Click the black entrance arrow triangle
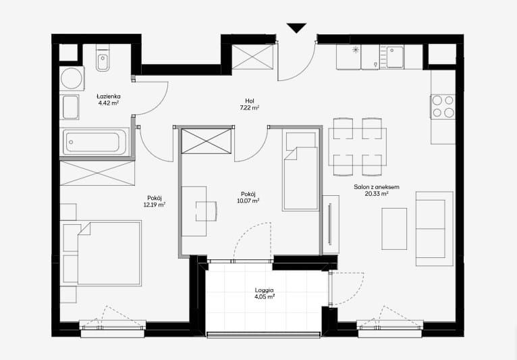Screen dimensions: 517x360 pyautogui.click(x=296, y=28)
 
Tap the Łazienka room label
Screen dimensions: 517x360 pyautogui.click(x=109, y=97)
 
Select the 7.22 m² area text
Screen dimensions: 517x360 pyautogui.click(x=250, y=107)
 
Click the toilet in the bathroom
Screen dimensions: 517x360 pyautogui.click(x=103, y=61)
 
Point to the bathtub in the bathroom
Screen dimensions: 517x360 pyautogui.click(x=94, y=143)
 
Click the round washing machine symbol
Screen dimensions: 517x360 pyautogui.click(x=72, y=78)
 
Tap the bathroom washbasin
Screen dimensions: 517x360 pyautogui.click(x=70, y=107)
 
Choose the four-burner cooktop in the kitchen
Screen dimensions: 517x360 pyautogui.click(x=443, y=106)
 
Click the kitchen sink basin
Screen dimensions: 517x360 pyautogui.click(x=395, y=57)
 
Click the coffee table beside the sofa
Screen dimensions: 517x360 pyautogui.click(x=394, y=229)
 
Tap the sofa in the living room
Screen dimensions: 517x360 pyautogui.click(x=434, y=229)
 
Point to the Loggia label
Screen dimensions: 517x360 pyautogui.click(x=264, y=290)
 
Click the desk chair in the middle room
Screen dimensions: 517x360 pyautogui.click(x=207, y=211)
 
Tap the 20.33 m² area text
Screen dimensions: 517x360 pyautogui.click(x=377, y=194)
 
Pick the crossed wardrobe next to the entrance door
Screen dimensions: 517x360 pyautogui.click(x=252, y=57)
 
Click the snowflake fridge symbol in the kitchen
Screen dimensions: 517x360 pyautogui.click(x=356, y=50)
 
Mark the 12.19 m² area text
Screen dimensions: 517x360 pyautogui.click(x=155, y=205)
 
